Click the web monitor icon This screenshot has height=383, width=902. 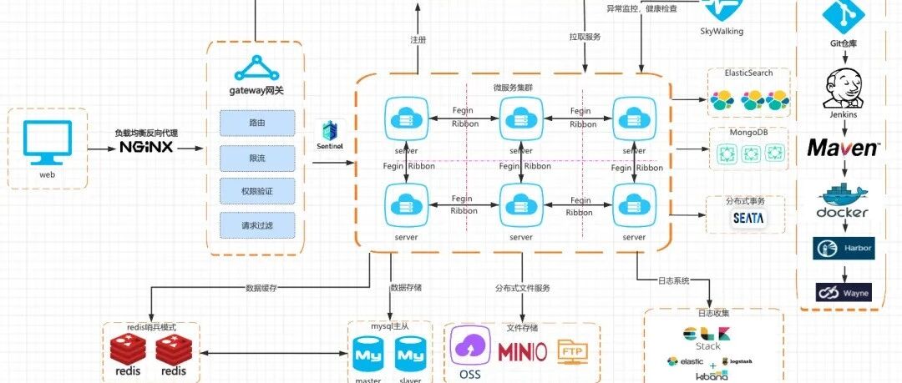(46, 142)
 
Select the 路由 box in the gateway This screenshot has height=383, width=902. (257, 123)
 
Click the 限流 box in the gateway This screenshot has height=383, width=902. (257, 157)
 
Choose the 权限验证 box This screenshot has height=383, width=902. (257, 191)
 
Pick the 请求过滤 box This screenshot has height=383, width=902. (257, 225)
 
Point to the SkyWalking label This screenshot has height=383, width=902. (721, 32)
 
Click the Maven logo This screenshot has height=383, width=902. (843, 149)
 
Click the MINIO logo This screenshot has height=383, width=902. (523, 351)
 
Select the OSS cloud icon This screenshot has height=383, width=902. (470, 346)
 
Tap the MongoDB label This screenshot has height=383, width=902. (748, 134)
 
